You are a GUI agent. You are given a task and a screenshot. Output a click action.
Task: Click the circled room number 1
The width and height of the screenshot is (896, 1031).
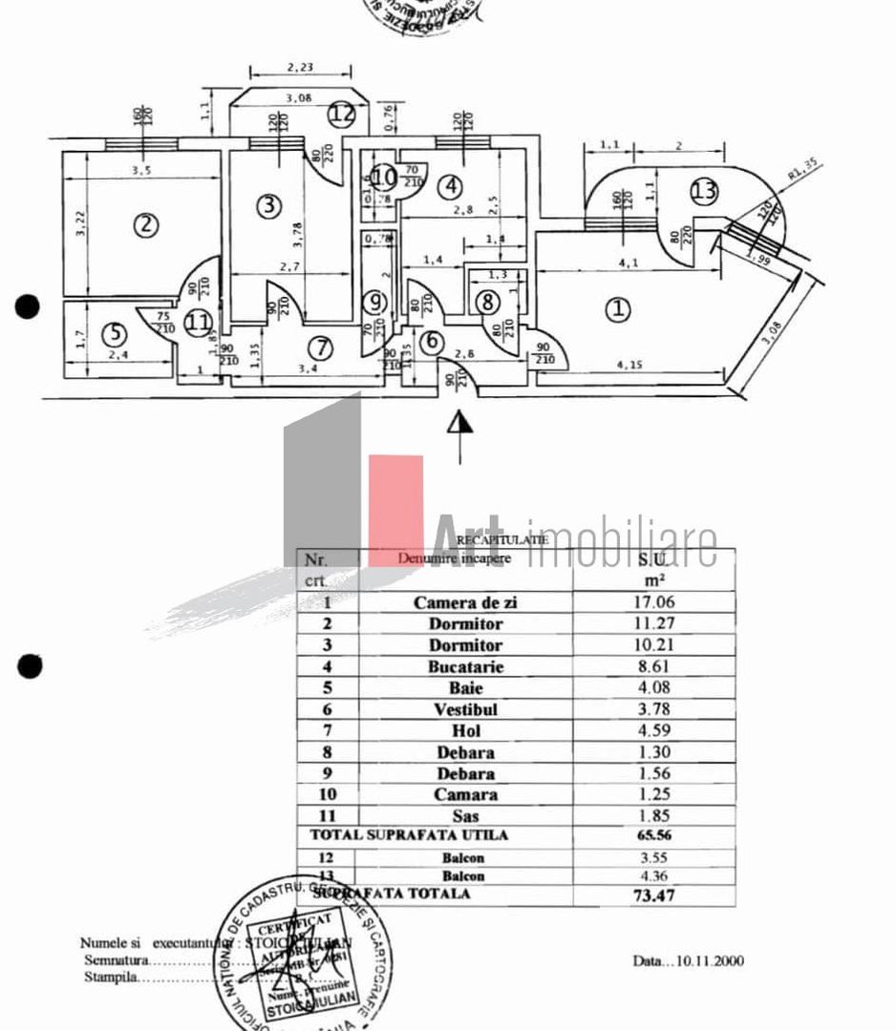(x=620, y=309)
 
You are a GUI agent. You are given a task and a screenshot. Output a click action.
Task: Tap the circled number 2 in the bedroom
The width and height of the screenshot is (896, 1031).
(x=145, y=225)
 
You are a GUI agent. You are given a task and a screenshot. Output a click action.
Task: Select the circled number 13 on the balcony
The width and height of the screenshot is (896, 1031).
(x=704, y=191)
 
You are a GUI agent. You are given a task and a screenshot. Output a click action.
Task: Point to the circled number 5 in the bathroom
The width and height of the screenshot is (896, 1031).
(x=114, y=334)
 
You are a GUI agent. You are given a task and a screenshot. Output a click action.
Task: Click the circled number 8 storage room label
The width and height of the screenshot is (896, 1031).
(x=487, y=303)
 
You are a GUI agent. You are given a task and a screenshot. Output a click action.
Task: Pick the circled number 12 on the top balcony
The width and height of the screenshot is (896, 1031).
(x=342, y=114)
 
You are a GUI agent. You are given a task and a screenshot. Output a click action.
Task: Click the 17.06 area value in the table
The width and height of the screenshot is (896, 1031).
(x=656, y=602)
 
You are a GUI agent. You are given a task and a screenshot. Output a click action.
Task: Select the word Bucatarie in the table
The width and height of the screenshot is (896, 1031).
(x=466, y=666)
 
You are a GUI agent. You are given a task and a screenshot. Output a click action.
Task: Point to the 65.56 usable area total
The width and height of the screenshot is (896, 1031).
(x=656, y=835)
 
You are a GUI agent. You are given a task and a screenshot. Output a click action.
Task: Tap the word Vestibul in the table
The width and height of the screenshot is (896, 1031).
(x=466, y=710)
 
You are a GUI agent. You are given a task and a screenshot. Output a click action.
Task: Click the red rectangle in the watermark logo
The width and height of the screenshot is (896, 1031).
(x=395, y=506)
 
